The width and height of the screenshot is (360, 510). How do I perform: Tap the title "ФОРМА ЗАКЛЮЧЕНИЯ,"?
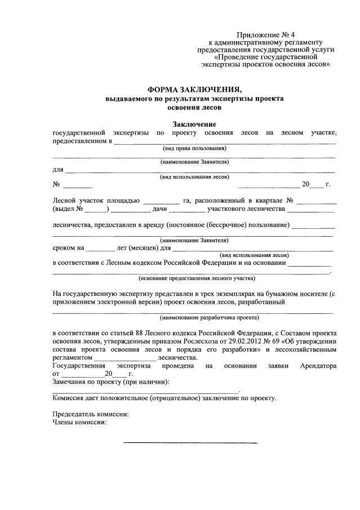coord(194,89)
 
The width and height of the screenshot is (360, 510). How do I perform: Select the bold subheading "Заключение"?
coord(194,124)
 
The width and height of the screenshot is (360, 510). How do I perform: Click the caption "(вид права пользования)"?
coord(194,148)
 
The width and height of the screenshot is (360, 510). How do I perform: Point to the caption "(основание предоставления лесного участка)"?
coord(197,278)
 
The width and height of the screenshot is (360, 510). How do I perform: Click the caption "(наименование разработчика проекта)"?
coord(194,317)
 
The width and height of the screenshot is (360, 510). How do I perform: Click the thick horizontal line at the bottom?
coord(190,442)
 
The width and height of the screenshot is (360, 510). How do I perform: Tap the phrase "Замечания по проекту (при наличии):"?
coord(110,382)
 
